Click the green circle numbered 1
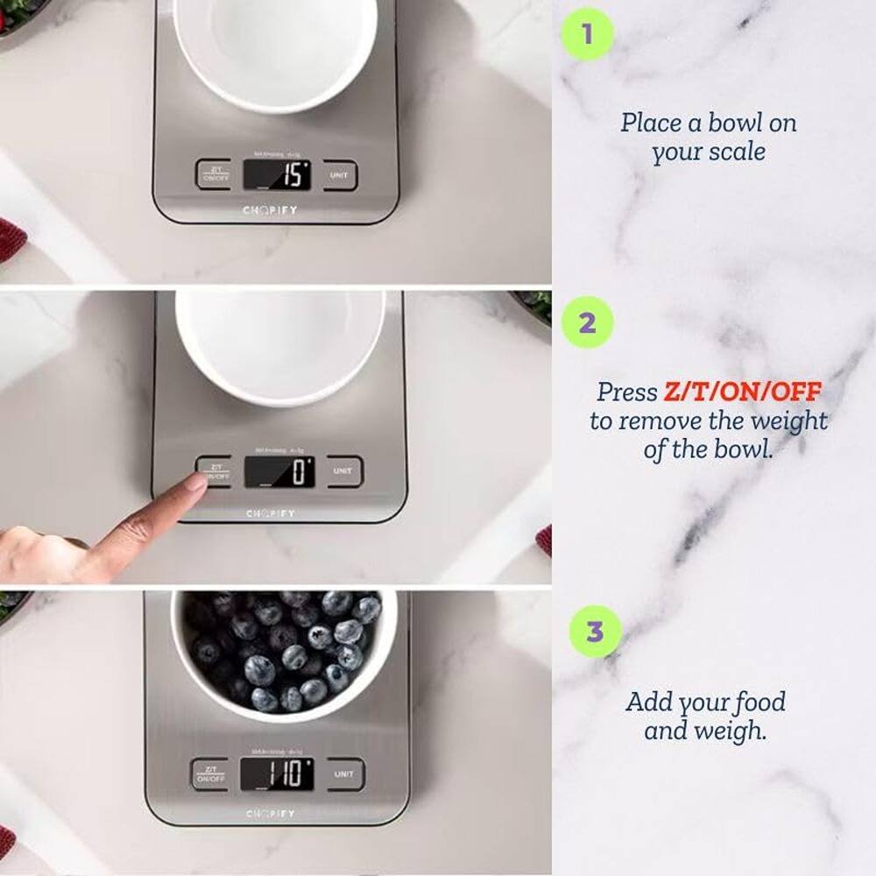point(586,35)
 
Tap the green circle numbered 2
point(587,322)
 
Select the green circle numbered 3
point(595,632)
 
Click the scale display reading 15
point(277,175)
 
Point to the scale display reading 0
point(279,472)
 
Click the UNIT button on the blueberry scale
point(344,774)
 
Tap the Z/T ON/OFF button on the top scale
point(213,174)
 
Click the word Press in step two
point(626,392)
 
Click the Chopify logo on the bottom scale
point(270,815)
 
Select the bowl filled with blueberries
point(284,653)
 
